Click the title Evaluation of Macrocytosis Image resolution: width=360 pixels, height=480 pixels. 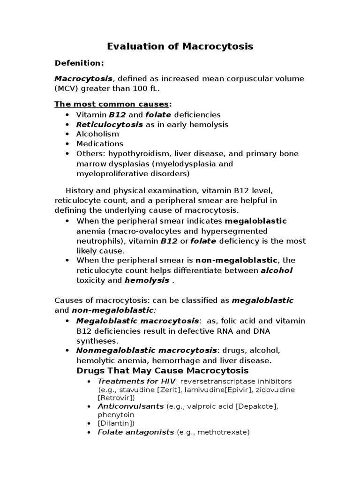(180, 46)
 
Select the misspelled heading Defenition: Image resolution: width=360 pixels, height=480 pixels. (79, 63)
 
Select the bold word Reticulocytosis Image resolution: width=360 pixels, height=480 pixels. (110, 124)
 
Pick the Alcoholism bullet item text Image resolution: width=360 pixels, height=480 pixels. (98, 134)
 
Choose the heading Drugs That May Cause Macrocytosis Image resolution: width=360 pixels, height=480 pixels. (162, 371)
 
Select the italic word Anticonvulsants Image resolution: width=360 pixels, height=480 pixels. (131, 406)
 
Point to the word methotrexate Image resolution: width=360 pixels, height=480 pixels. (223, 432)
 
